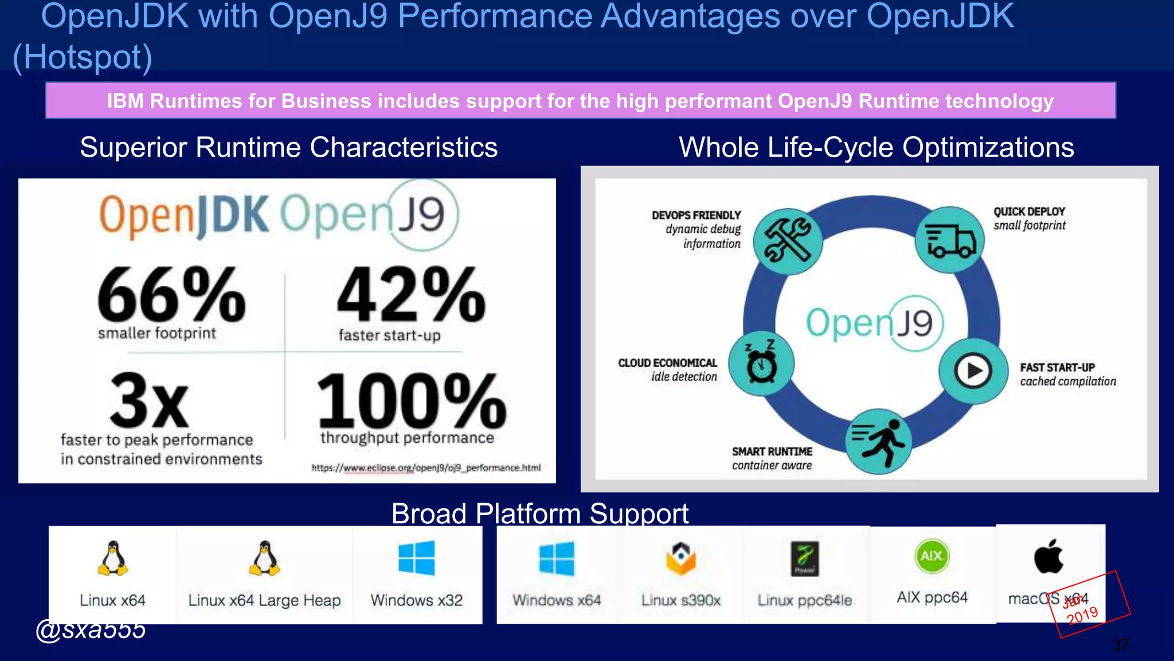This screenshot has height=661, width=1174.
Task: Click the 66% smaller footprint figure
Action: [171, 295]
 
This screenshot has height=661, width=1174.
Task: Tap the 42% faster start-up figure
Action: [410, 295]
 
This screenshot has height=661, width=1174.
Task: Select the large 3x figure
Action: [149, 400]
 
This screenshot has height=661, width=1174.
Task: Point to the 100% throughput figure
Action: [410, 400]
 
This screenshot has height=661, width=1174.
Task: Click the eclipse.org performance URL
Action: [425, 468]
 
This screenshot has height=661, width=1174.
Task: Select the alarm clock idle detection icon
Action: [761, 363]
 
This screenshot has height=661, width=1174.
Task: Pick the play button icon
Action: [973, 371]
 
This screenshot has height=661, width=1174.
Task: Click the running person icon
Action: [878, 441]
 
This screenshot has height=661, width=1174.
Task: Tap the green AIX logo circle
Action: [932, 556]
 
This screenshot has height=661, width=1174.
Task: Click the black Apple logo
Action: [1048, 557]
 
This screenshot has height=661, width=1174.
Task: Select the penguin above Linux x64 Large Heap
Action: [264, 558]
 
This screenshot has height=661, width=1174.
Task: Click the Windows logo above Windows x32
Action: [417, 558]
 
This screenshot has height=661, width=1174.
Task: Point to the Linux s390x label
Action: [680, 600]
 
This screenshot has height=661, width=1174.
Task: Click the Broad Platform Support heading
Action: [539, 513]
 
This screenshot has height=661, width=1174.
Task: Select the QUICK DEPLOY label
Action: [1029, 212]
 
